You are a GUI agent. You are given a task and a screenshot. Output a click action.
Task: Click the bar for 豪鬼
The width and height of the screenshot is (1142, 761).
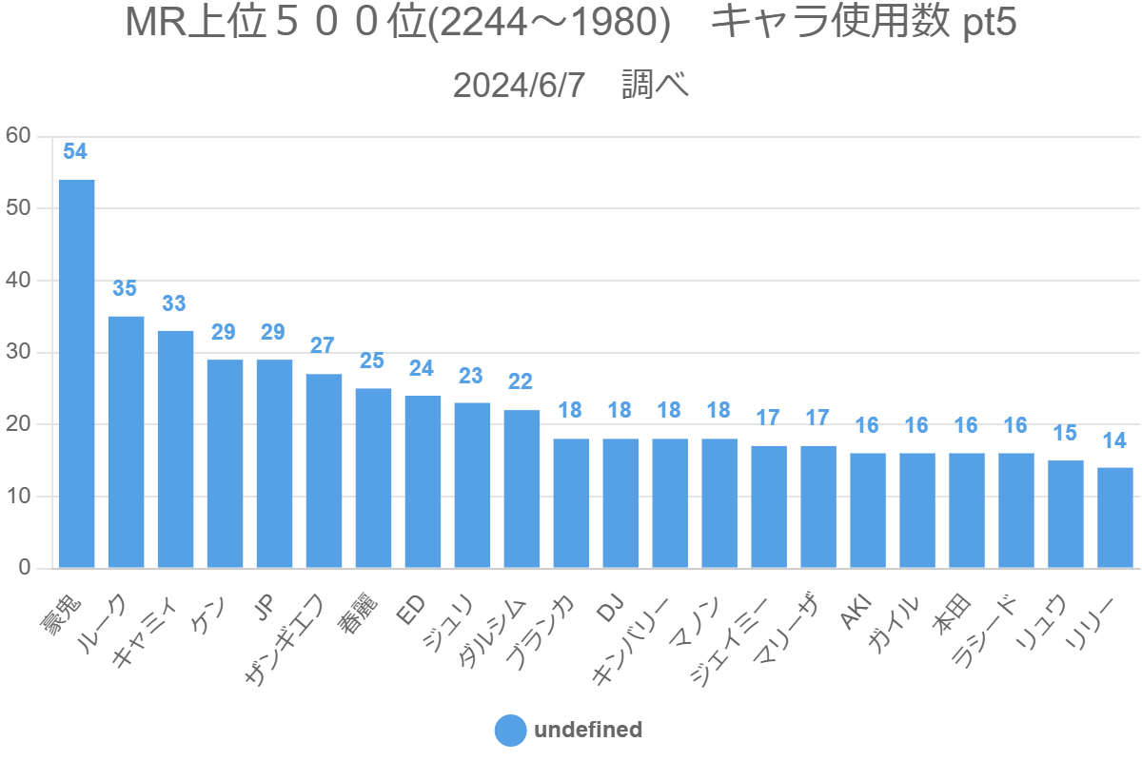tap(77, 374)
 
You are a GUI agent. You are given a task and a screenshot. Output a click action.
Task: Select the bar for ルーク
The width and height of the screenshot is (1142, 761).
tap(127, 442)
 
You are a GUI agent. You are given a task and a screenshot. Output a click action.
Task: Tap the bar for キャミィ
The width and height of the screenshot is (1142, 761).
tap(176, 449)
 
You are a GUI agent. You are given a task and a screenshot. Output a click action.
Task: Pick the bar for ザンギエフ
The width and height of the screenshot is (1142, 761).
tap(324, 471)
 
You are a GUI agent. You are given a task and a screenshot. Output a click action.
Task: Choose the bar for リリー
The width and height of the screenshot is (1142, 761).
tap(1115, 517)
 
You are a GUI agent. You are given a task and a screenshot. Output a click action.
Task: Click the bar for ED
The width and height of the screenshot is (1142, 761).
tap(423, 481)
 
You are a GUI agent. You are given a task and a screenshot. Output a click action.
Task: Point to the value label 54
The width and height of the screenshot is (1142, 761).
tap(75, 151)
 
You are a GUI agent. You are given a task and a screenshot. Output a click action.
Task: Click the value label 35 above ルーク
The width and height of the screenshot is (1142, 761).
tap(125, 288)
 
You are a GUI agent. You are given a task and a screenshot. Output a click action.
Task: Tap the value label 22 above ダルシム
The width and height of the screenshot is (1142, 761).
tap(521, 381)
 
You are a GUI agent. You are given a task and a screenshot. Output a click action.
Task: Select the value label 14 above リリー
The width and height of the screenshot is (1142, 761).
tap(1114, 440)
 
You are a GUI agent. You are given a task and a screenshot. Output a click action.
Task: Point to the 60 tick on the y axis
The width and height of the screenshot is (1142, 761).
tap(19, 136)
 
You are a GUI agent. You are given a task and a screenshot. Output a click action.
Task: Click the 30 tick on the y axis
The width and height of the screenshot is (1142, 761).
tap(19, 352)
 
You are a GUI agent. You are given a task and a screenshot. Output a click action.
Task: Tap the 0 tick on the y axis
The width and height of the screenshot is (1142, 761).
tap(25, 568)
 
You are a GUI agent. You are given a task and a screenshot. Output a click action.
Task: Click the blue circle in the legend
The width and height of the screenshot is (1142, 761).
tap(511, 731)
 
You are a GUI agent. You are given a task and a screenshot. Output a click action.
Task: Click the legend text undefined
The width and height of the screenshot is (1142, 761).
tap(588, 731)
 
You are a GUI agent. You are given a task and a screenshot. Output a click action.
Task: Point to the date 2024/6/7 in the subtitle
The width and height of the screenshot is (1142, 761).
tap(519, 86)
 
